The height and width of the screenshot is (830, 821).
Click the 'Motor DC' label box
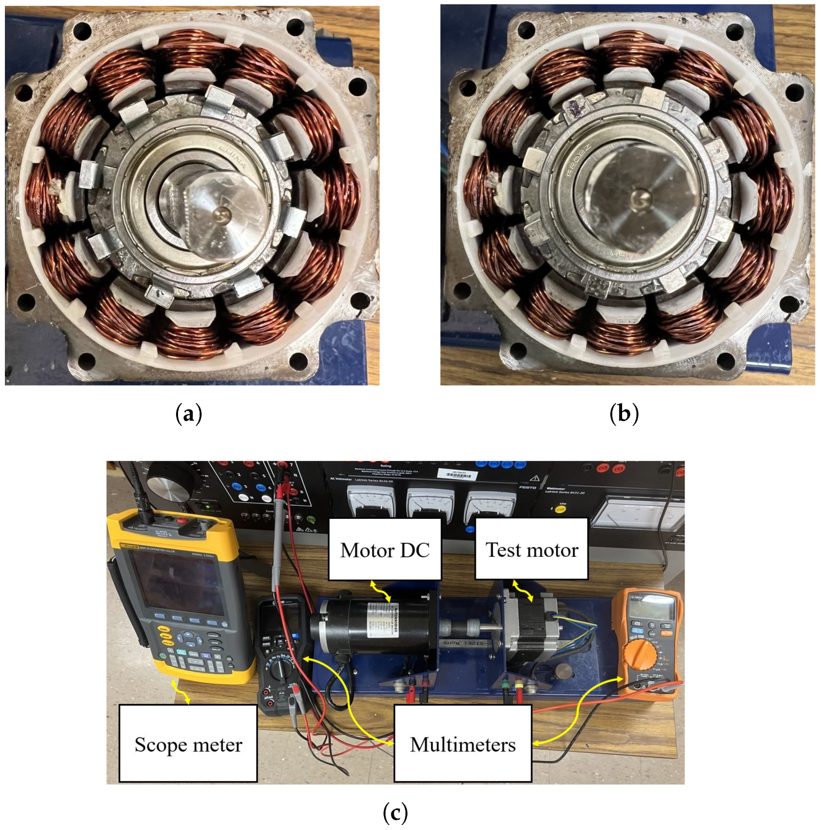[384, 550]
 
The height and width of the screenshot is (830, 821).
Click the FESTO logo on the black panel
[527, 488]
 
